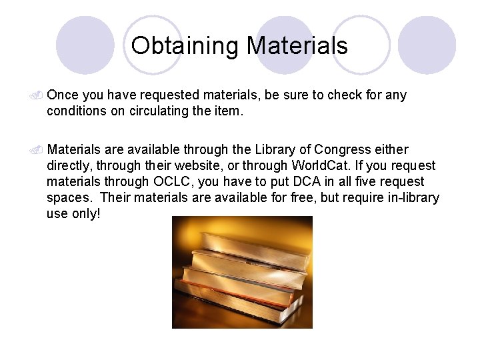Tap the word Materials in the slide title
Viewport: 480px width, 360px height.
point(297,45)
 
